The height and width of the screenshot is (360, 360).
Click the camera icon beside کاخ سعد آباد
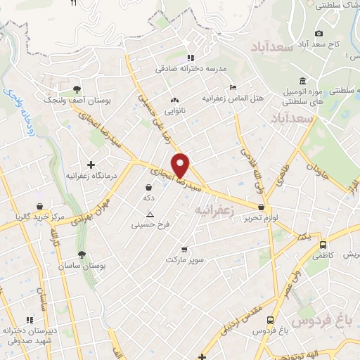tap(319, 33)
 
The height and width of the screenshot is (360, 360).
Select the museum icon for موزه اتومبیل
tap(302, 81)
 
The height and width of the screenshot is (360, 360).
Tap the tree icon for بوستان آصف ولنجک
tap(76, 89)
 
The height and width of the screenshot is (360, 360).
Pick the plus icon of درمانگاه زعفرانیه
tap(91, 165)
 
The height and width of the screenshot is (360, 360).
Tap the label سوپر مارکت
tap(185, 261)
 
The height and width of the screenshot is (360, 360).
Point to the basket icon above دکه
tap(149, 188)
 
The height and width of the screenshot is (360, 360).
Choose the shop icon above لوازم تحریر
tap(262, 207)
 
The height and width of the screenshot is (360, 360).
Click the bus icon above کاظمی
tap(323, 246)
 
